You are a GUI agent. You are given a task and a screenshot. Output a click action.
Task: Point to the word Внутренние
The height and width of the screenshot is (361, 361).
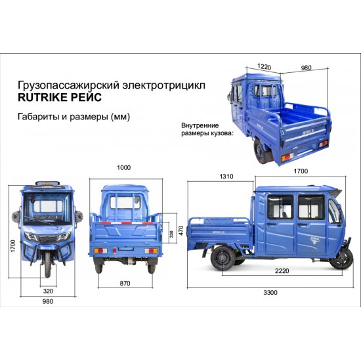200,126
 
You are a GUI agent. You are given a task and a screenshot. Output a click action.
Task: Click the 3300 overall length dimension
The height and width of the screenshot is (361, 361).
270,293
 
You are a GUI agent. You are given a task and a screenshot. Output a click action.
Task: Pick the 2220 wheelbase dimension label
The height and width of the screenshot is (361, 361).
282,271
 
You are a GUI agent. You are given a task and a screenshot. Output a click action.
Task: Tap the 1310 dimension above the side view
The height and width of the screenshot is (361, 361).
226,177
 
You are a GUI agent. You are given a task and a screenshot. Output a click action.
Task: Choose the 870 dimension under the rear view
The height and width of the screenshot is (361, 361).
125,283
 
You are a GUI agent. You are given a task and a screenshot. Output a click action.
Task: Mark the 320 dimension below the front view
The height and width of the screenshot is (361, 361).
48,291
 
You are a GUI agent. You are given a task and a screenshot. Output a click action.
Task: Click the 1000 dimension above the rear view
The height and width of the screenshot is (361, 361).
124,167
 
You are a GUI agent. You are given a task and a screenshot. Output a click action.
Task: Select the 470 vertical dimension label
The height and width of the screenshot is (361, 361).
181,230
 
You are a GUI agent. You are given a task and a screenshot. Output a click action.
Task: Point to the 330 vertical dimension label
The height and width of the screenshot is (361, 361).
171,234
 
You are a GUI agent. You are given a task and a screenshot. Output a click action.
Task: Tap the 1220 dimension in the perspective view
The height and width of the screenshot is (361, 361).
264,66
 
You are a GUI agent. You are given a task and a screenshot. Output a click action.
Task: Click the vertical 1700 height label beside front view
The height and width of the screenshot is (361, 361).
13,246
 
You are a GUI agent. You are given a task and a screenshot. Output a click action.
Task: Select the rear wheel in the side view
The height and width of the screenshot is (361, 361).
223,258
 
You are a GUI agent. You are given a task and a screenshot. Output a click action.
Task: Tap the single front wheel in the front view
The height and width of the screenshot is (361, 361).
48,264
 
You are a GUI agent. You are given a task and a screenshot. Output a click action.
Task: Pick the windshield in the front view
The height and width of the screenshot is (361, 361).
47,209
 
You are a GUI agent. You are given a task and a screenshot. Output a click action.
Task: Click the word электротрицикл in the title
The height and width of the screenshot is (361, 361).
163,85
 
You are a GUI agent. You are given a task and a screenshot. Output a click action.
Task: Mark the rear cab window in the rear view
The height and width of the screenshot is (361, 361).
125,202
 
